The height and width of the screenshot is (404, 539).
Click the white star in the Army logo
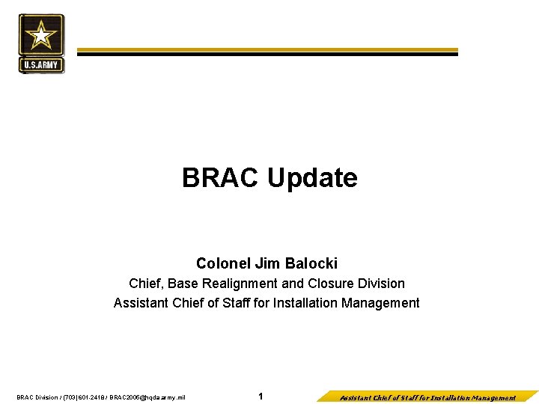[42, 35]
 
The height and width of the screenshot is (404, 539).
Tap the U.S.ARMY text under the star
[42, 65]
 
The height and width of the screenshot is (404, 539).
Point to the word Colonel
[224, 263]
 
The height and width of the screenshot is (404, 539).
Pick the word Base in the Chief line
[183, 284]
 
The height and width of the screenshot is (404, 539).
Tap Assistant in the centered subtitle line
[142, 303]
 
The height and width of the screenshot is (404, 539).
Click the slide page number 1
[261, 397]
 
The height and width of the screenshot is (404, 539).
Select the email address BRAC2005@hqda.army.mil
[147, 397]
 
